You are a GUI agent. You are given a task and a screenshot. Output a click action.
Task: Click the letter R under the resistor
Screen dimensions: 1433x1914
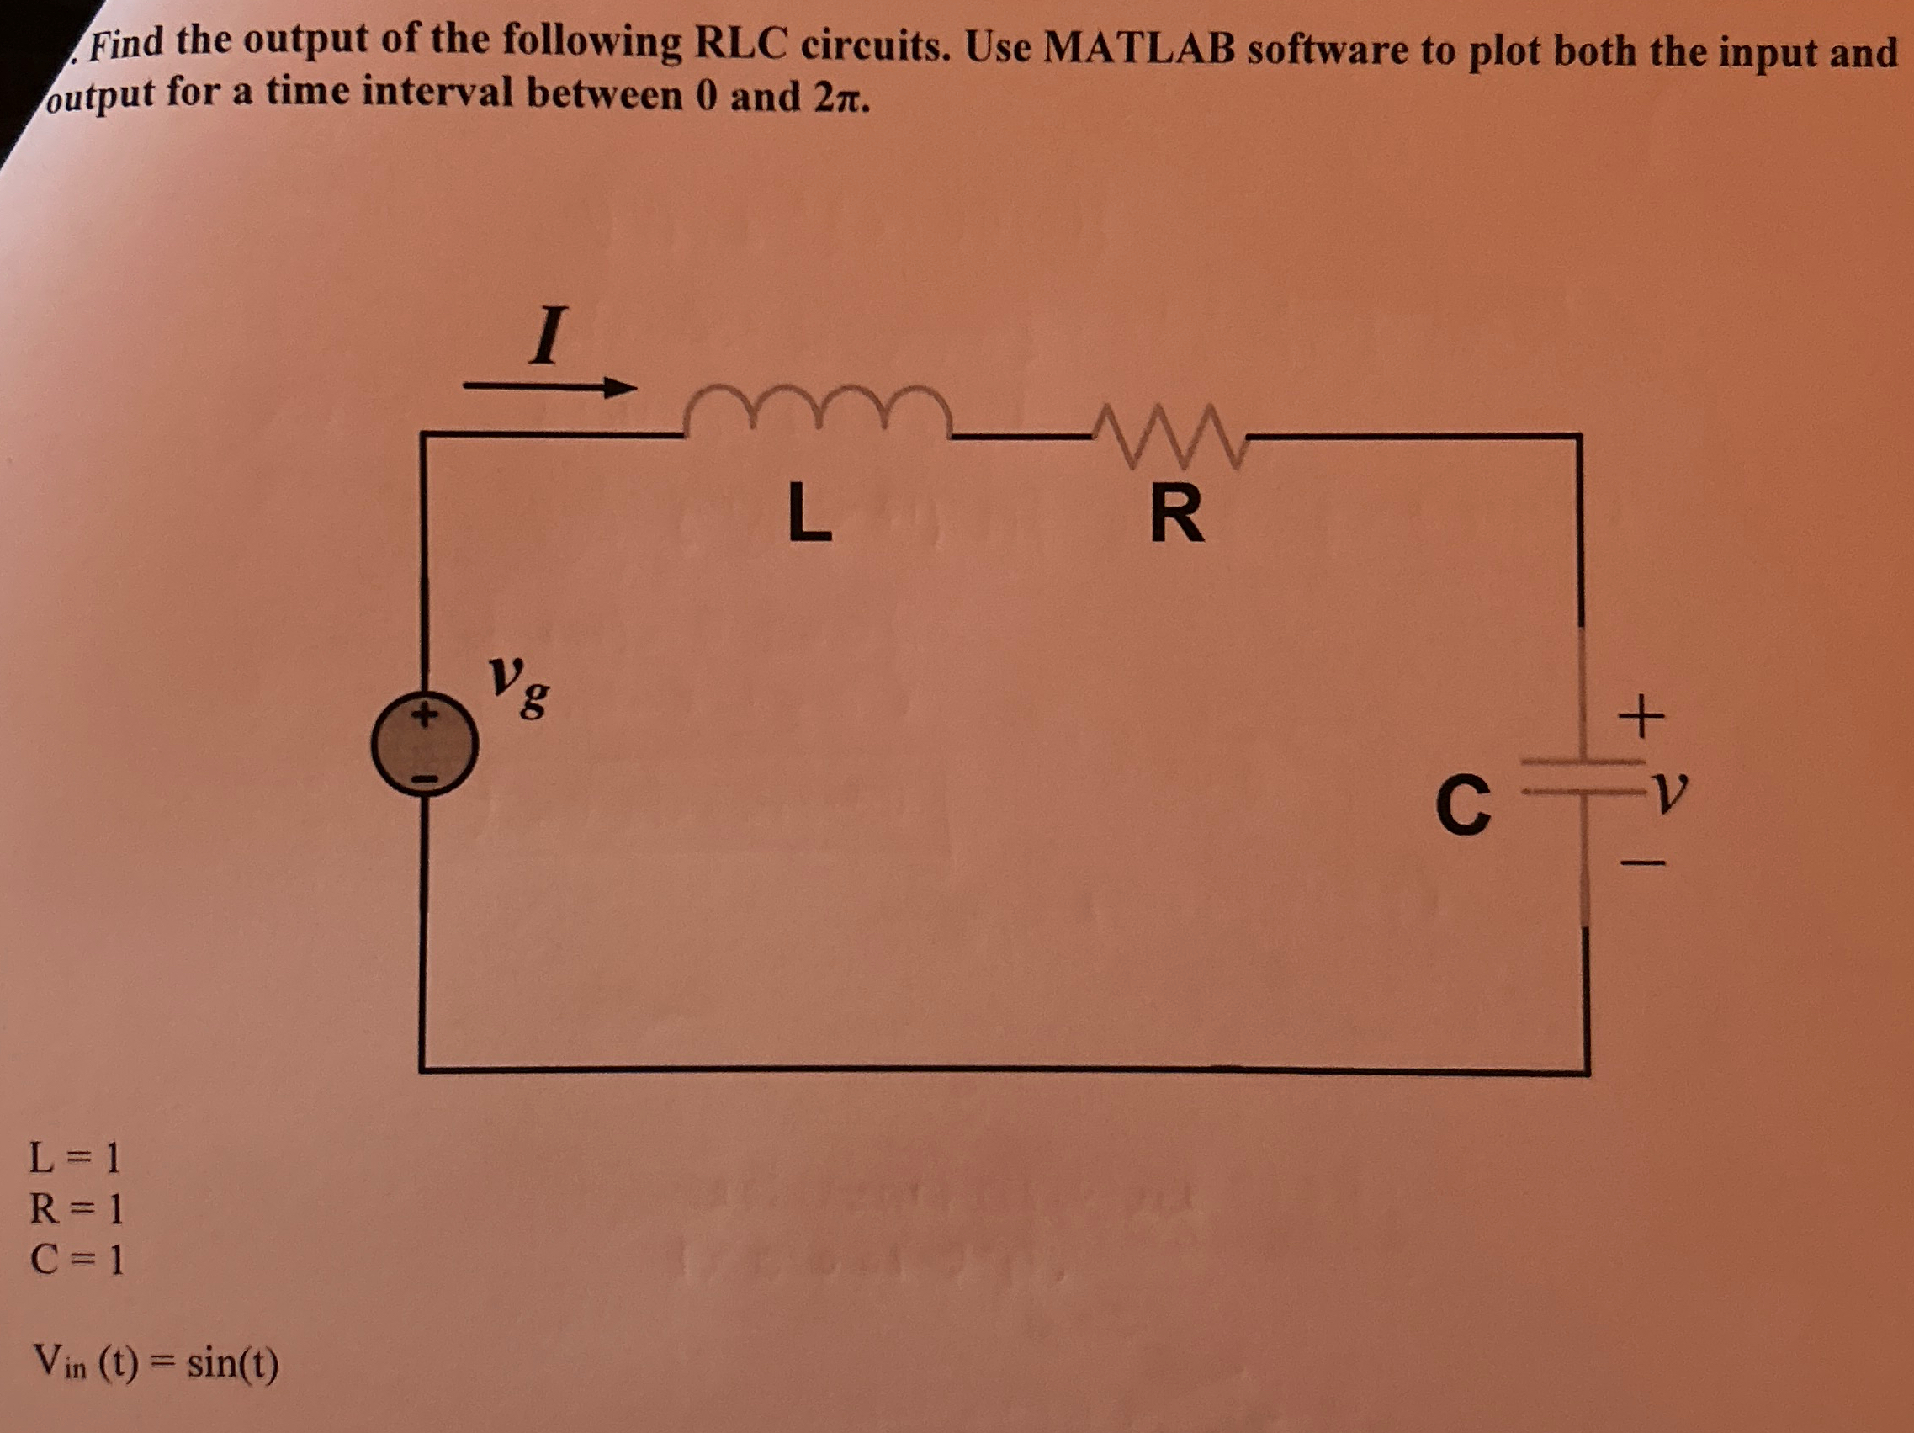tap(1177, 514)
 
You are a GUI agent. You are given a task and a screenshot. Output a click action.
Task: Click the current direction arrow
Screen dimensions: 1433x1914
tap(549, 387)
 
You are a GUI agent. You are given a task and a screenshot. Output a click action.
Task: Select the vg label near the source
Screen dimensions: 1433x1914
tap(518, 687)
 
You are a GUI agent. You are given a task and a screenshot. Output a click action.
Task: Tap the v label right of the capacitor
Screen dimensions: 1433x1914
tap(1668, 787)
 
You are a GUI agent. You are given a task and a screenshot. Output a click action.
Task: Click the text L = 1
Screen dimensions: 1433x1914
tap(75, 1157)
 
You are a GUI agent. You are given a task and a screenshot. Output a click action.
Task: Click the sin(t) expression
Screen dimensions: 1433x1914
tap(233, 1364)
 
